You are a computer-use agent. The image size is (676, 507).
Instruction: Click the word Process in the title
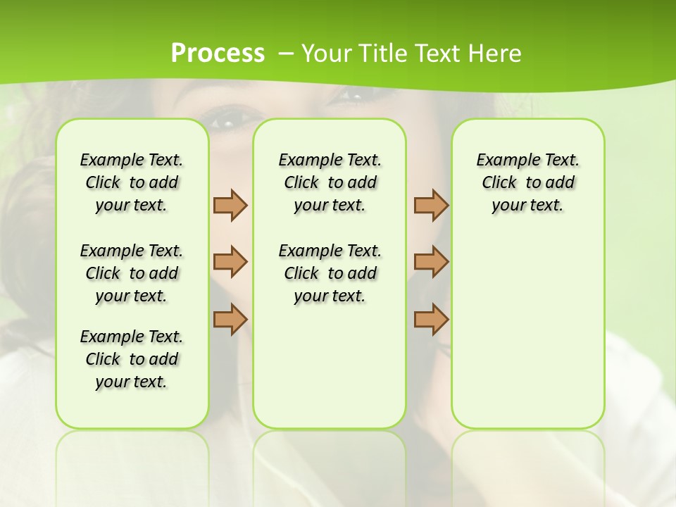[x=218, y=54]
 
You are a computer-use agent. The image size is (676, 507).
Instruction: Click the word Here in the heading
[x=496, y=54]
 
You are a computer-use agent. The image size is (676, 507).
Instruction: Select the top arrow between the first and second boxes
[x=230, y=205]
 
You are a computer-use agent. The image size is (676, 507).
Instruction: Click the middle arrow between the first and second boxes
[x=230, y=262]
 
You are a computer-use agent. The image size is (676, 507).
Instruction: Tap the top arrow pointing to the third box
[x=431, y=205]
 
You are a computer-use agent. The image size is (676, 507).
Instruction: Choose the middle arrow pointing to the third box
[x=431, y=262]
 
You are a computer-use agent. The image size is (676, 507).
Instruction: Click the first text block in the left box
[x=132, y=182]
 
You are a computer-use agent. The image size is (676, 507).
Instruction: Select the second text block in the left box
[x=132, y=273]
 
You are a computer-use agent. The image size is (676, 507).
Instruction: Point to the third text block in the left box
[x=132, y=359]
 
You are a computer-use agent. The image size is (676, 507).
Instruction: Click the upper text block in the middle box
[x=330, y=182]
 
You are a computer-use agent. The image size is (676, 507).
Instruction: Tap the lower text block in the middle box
[x=330, y=273]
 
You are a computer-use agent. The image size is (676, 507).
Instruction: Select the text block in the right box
[x=528, y=182]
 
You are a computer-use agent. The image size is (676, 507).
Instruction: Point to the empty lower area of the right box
[x=528, y=331]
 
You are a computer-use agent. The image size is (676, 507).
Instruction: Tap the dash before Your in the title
[x=287, y=54]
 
